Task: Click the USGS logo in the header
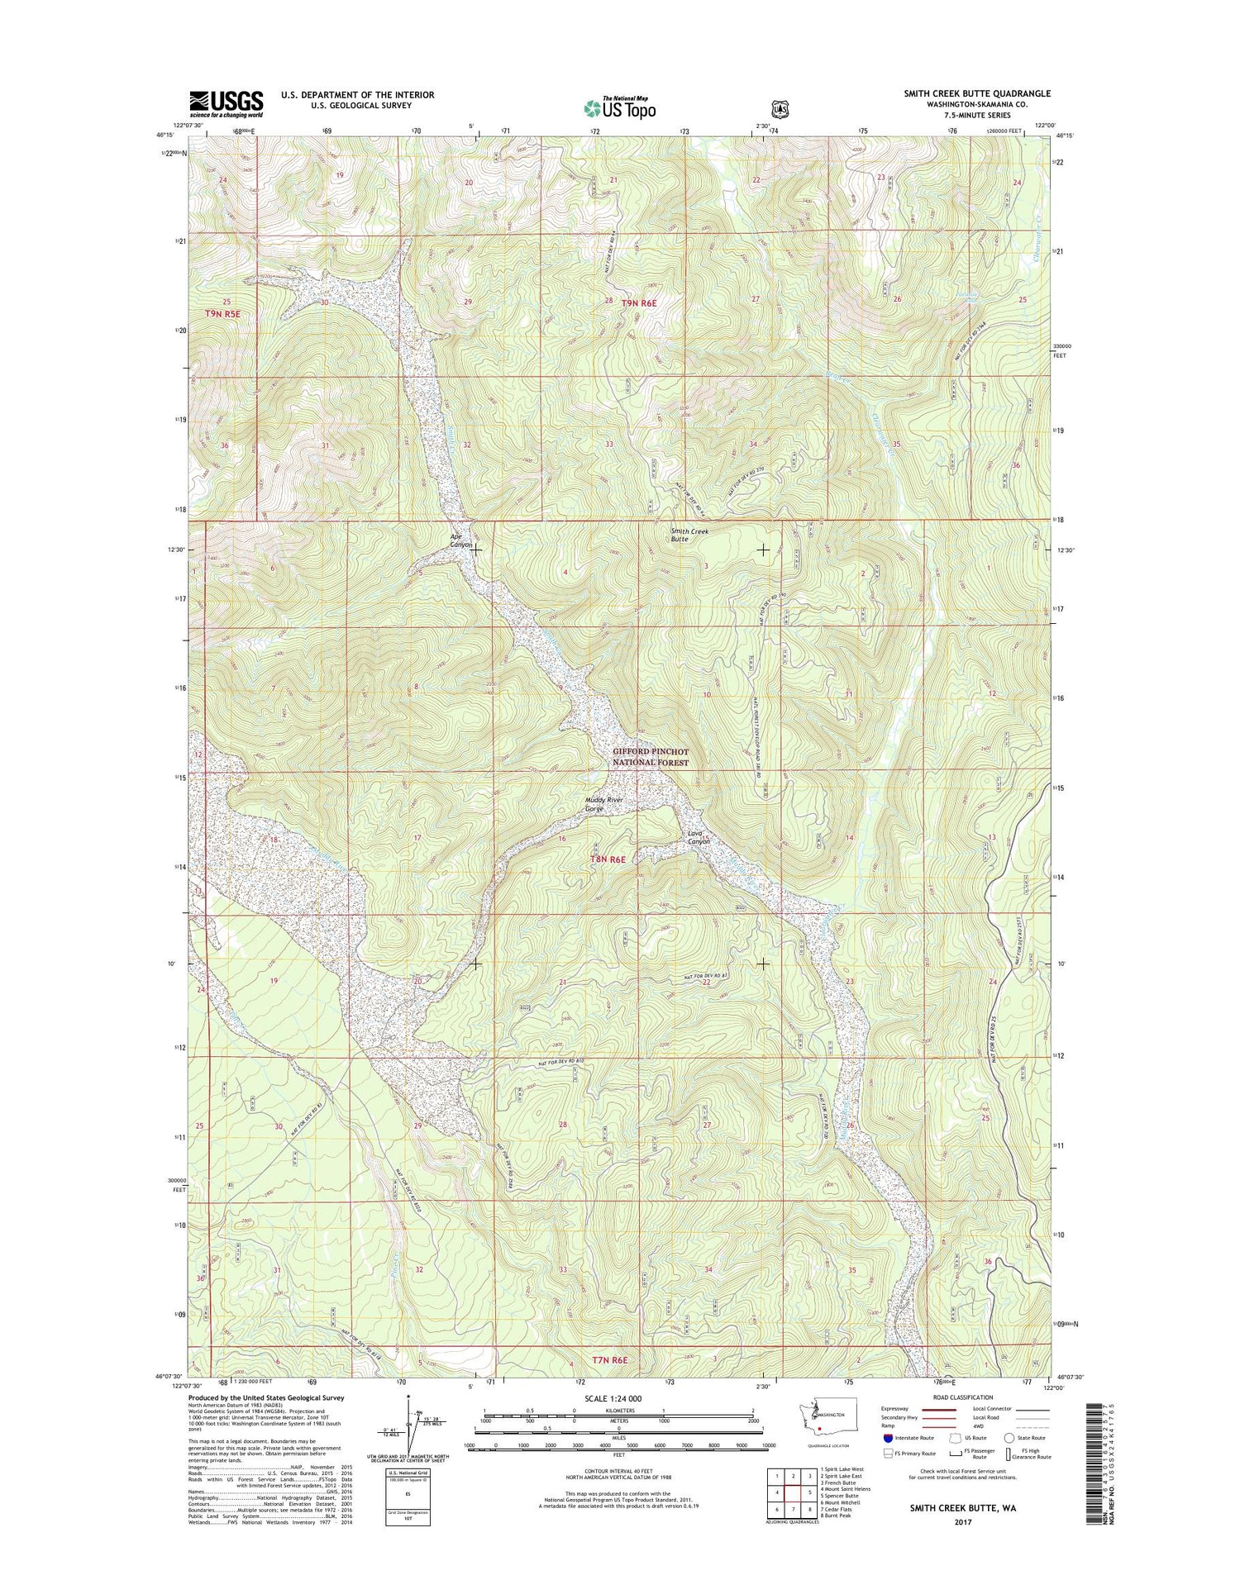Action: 226,102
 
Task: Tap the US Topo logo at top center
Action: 619,107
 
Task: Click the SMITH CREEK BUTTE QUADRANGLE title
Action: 976,94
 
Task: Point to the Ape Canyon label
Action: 460,541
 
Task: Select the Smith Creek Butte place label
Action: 689,535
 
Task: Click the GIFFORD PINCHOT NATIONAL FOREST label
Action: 651,757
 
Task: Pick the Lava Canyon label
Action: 699,837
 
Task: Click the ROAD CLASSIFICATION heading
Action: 964,1397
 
